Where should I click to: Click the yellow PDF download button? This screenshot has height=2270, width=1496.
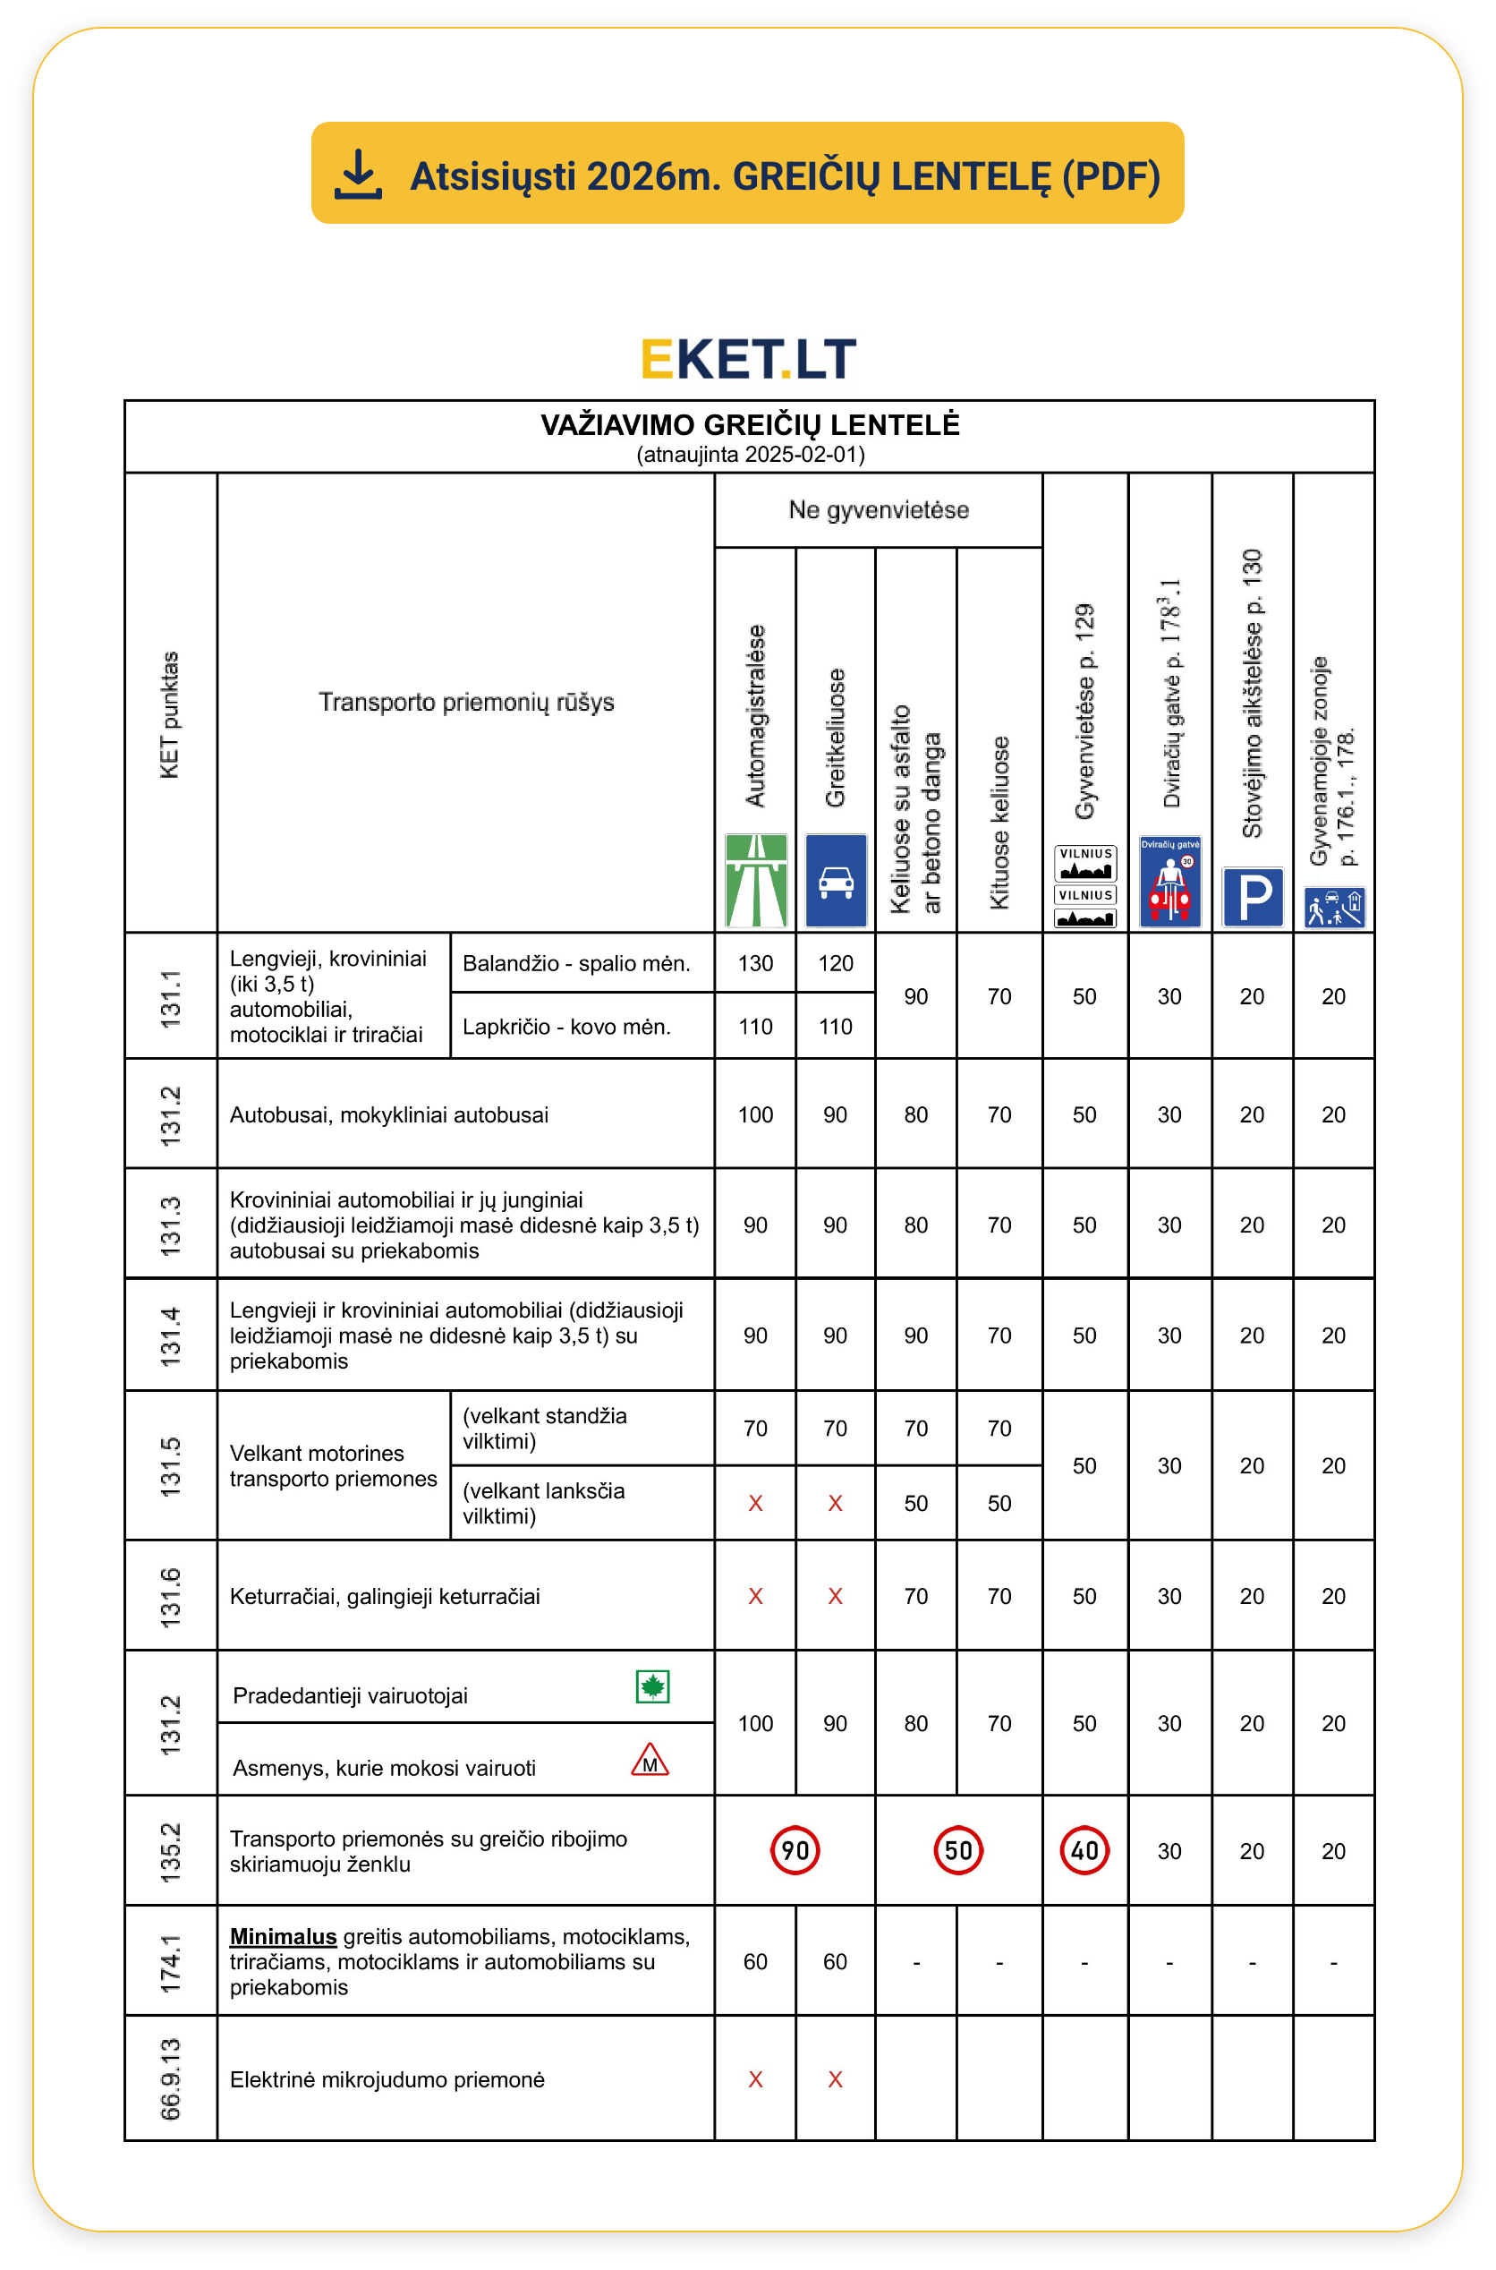coord(747,173)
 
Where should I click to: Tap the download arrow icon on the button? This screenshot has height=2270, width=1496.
coord(359,175)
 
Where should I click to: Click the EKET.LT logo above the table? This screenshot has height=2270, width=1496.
coord(748,359)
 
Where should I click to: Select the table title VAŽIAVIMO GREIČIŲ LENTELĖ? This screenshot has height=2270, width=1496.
coord(750,425)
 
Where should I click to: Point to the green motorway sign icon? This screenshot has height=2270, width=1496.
coord(756,881)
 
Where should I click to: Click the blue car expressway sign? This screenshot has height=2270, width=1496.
coord(836,881)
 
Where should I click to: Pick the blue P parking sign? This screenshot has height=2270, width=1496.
coord(1253,897)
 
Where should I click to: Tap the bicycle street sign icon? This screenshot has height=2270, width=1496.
coord(1169,882)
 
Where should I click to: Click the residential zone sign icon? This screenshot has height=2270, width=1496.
coord(1334,908)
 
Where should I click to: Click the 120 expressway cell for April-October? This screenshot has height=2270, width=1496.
coord(835,964)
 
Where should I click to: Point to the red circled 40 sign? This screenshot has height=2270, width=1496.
coord(1084,1851)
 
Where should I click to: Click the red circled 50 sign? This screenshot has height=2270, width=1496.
coord(958,1851)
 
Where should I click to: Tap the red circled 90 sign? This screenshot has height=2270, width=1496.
coord(795,1851)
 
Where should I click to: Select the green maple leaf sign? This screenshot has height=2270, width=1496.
coord(652,1687)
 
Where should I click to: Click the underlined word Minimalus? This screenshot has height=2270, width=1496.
coord(284,1937)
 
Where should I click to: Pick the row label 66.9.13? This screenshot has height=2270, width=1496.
coord(170,2079)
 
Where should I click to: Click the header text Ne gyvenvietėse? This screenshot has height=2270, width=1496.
coord(878,510)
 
